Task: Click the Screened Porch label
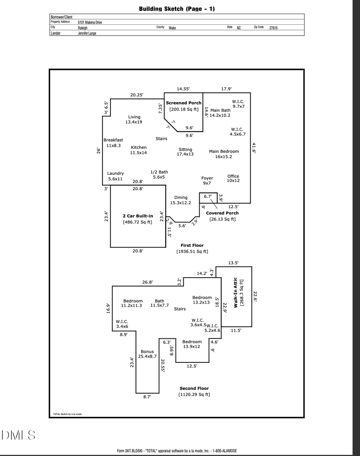(x=184, y=103)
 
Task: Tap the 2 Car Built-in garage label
(x=138, y=216)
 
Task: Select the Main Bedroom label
(x=224, y=151)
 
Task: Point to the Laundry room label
(x=115, y=173)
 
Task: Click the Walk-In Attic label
(x=236, y=292)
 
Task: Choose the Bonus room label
(x=147, y=352)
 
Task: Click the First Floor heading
(x=192, y=245)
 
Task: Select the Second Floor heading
(x=194, y=388)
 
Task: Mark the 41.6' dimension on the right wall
(x=254, y=148)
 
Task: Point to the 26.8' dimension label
(x=148, y=282)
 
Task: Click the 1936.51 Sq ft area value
(x=192, y=252)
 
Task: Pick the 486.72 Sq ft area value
(x=138, y=222)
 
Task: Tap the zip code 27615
(x=273, y=28)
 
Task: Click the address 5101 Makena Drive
(x=90, y=22)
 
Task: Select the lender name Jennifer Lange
(x=87, y=34)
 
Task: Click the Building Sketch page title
(x=176, y=9)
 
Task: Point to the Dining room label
(x=181, y=197)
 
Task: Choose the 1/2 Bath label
(x=159, y=172)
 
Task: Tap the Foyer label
(x=207, y=178)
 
